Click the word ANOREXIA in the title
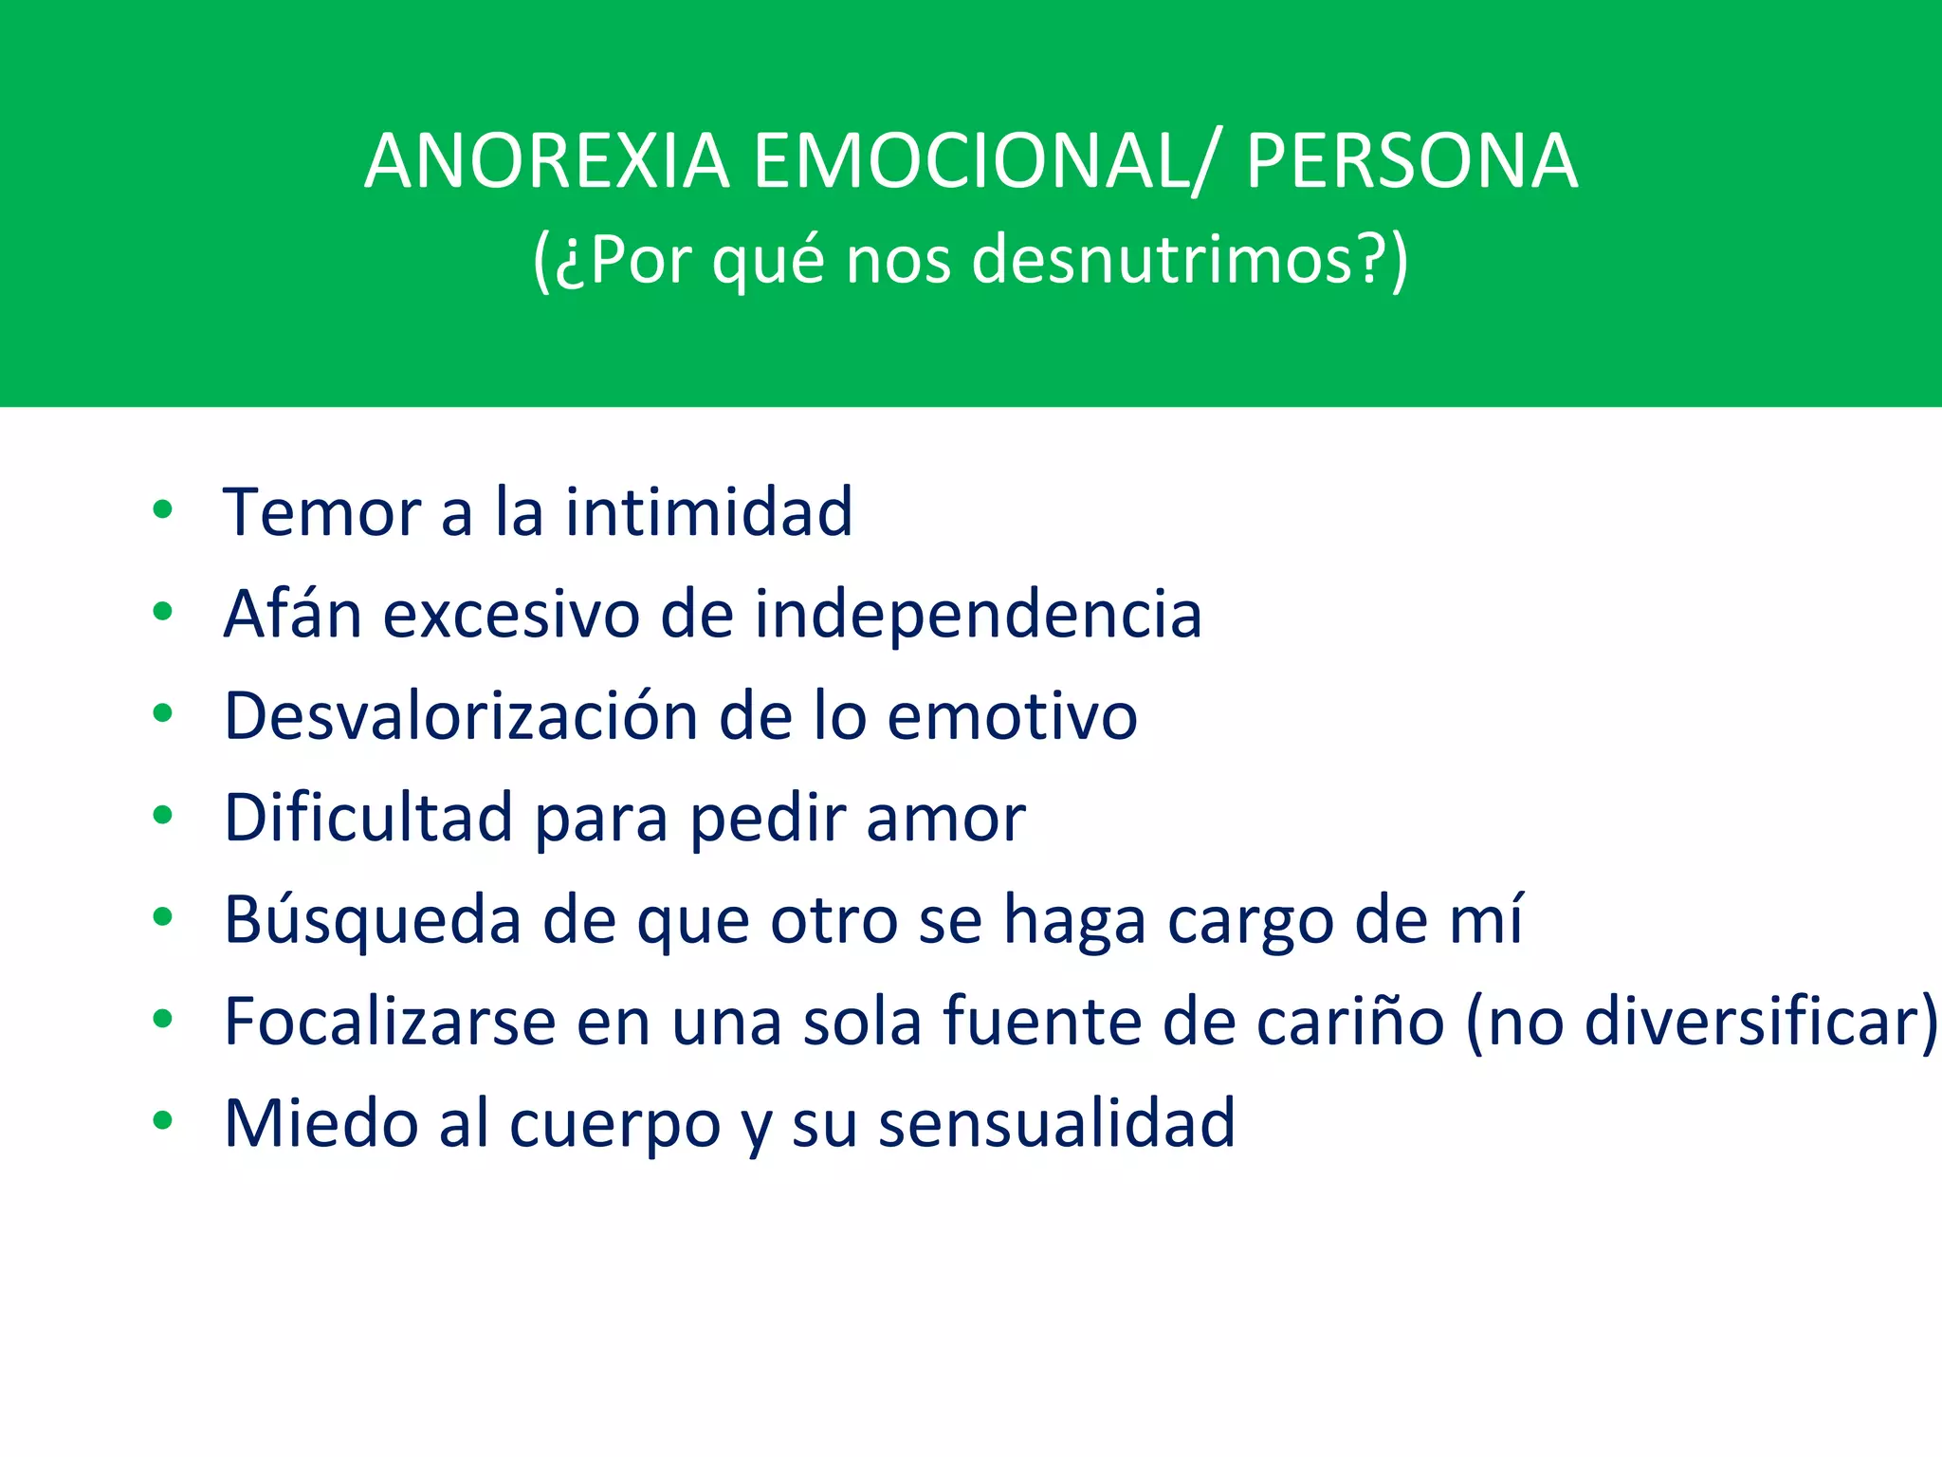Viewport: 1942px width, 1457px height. coord(547,161)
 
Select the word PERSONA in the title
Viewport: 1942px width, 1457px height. coord(1412,161)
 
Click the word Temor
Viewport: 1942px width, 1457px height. coord(321,512)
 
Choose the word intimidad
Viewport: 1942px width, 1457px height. coord(709,512)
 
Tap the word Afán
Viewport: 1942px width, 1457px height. coord(293,614)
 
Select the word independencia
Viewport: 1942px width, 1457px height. coord(978,616)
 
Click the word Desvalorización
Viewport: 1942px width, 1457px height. coord(460,716)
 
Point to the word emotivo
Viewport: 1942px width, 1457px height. coord(1012,716)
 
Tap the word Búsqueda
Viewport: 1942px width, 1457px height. coord(372,920)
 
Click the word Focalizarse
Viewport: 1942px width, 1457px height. coord(390,1022)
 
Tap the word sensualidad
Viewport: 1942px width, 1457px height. coord(1056,1124)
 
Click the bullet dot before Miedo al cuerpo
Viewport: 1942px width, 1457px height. coord(163,1120)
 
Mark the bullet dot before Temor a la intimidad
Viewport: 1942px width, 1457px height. coord(163,509)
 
